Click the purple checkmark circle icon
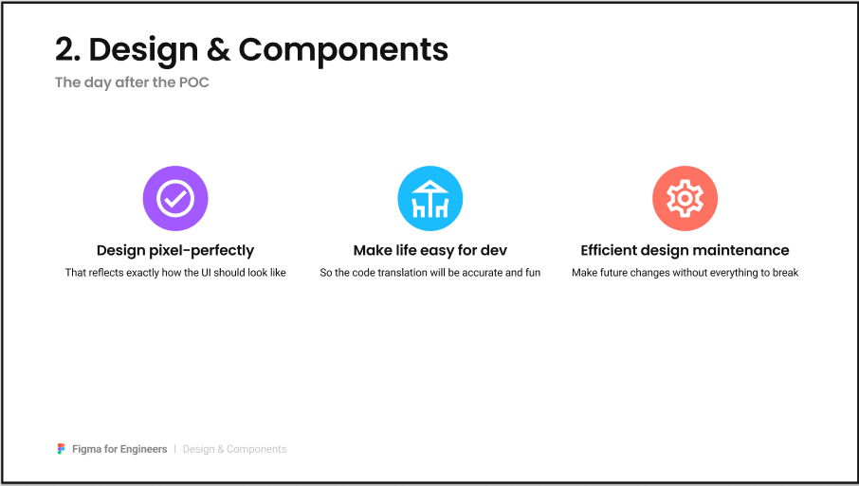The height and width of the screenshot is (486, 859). coord(175,198)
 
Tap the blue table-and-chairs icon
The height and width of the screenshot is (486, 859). coord(430,198)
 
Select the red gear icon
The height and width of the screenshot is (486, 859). coord(685,198)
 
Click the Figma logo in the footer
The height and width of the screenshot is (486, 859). coord(62,449)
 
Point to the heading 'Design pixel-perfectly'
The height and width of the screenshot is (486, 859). coord(175,251)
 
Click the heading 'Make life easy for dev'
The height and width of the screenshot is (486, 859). coord(430,251)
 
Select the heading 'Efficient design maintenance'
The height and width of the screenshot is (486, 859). coord(685,250)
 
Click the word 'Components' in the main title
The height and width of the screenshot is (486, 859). coord(343,50)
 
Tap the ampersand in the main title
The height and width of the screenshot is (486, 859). coord(219,49)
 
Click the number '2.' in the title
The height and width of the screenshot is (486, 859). coord(68,49)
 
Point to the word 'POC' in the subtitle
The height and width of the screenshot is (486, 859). coord(194,82)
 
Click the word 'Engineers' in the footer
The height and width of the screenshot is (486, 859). coord(143,449)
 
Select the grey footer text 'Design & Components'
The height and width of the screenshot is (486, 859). coord(234,449)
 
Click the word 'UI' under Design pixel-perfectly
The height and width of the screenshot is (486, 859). coord(206,273)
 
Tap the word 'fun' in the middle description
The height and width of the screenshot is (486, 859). coord(533,273)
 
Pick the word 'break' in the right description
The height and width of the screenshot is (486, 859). coord(786,273)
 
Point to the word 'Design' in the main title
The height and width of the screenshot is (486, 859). coord(143,51)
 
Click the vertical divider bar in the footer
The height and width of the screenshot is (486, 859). coord(174,449)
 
